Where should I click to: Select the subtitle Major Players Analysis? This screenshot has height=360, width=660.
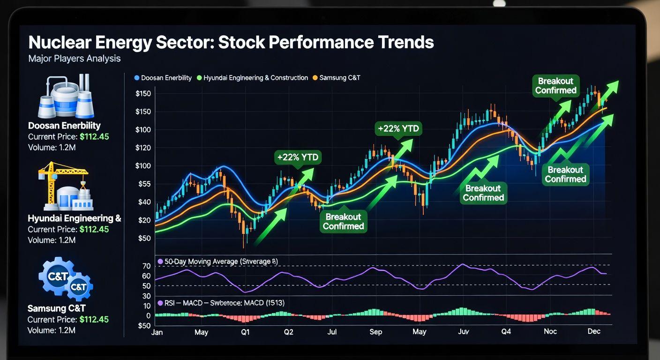point(74,59)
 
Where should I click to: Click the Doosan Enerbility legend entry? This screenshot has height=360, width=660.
point(163,78)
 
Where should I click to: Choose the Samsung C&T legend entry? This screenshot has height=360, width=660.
point(336,78)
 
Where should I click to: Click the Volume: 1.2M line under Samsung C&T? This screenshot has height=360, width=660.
point(52,330)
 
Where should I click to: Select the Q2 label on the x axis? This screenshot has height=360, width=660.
point(288,332)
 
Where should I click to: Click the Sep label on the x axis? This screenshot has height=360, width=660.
point(375,332)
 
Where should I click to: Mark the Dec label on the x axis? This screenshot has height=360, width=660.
point(593,331)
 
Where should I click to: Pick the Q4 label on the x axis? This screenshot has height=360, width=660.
point(506,332)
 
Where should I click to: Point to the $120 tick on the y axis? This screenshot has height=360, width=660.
point(143,148)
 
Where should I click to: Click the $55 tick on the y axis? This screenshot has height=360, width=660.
point(143,184)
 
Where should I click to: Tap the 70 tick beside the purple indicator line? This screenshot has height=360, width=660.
point(146,266)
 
